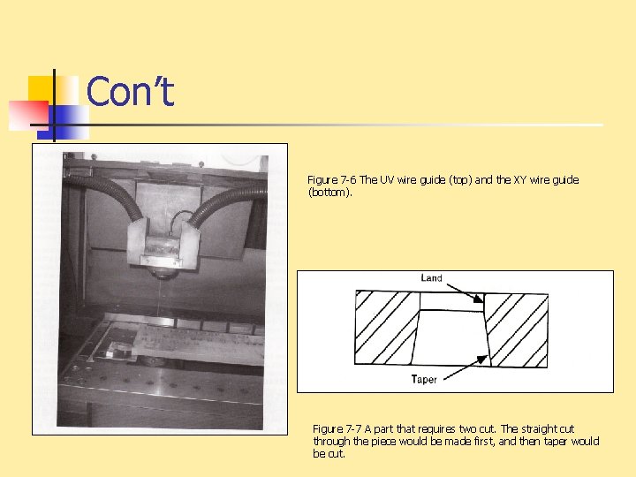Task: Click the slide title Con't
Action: click(130, 91)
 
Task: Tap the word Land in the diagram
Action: click(431, 278)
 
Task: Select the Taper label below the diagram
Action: click(424, 379)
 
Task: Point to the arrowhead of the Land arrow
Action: click(479, 299)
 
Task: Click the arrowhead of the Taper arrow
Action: click(482, 360)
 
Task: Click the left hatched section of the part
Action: click(385, 328)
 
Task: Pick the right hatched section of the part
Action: click(517, 330)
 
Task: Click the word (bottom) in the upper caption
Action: click(329, 192)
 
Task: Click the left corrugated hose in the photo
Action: click(106, 193)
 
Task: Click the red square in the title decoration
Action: click(28, 116)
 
